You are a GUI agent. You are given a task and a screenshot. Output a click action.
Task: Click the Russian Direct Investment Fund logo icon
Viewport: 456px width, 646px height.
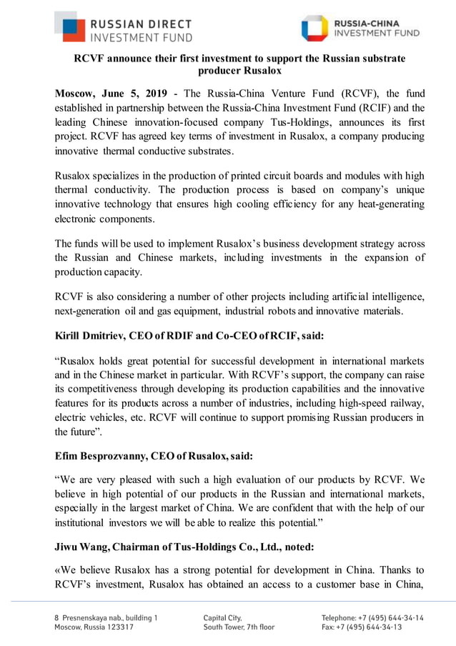click(x=69, y=27)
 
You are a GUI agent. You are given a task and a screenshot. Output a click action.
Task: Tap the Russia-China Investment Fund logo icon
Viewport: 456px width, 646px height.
click(x=314, y=28)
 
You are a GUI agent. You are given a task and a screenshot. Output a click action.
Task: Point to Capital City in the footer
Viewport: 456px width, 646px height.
click(x=222, y=617)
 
